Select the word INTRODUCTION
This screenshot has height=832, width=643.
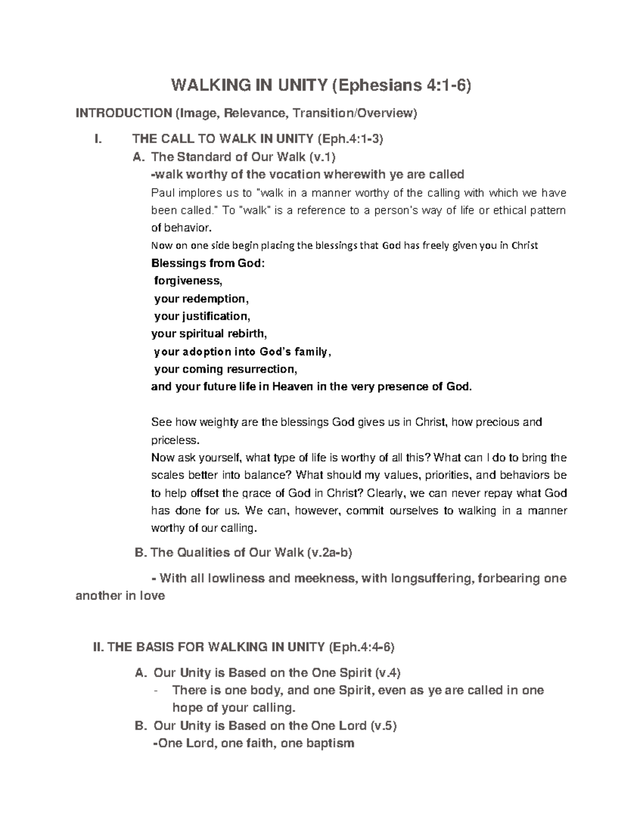tap(123, 113)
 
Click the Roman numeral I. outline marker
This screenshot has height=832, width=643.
tap(97, 139)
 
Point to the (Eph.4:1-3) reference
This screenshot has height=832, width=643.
tap(350, 139)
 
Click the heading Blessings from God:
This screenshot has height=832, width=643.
tap(208, 263)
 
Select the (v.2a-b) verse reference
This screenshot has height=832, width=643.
tap(328, 552)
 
